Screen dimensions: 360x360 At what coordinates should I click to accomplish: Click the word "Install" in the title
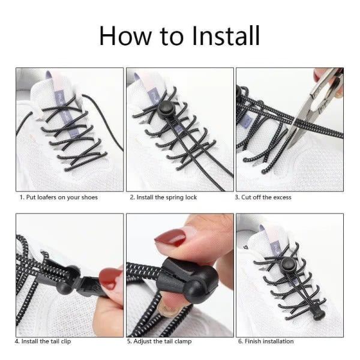[226, 36]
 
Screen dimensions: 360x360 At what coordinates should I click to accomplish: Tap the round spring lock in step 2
[166, 109]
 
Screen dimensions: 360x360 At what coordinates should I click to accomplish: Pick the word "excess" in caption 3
[283, 197]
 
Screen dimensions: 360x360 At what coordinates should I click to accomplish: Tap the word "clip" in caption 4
[65, 341]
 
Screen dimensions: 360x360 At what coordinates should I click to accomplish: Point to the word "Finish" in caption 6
[253, 341]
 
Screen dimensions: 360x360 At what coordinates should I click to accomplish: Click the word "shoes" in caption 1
[89, 197]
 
